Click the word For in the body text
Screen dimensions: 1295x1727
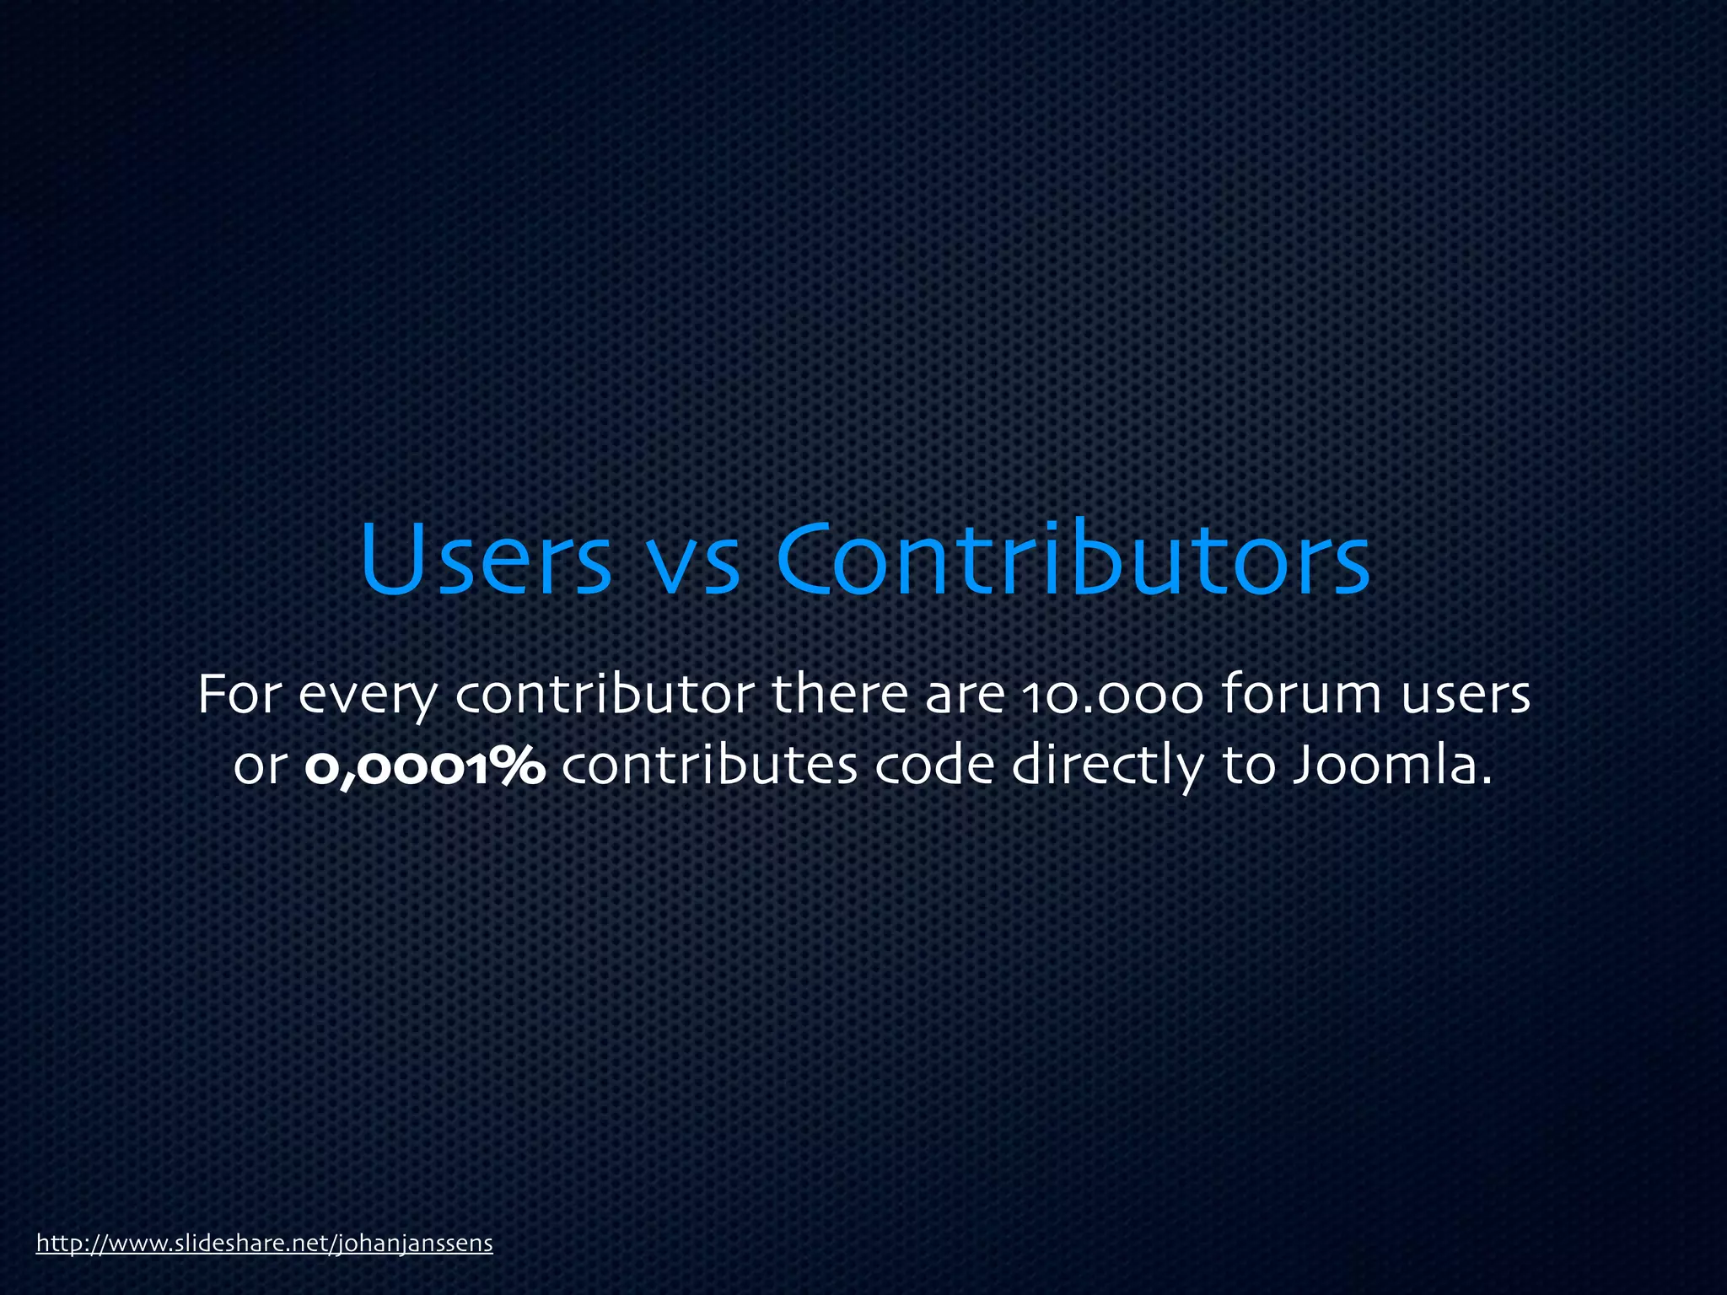[238, 694]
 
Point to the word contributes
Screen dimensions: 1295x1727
[709, 766]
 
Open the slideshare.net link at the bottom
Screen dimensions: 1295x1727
[264, 1244]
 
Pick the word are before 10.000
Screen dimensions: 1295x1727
[965, 697]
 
